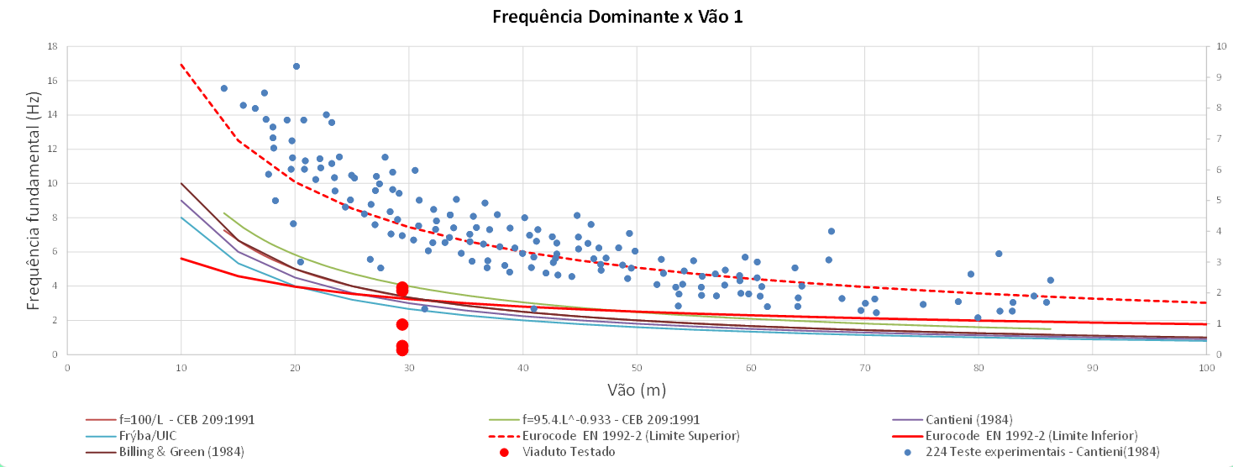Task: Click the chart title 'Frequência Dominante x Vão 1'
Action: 617,17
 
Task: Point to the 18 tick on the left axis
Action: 54,46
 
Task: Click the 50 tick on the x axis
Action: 637,368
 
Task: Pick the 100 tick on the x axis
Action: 1206,368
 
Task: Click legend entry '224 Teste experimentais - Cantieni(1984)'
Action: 1042,452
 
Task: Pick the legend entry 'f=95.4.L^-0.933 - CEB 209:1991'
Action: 611,419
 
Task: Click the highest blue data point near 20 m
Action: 296,66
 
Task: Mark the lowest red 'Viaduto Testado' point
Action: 402,350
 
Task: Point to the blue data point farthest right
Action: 1050,281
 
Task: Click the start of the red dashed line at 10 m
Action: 181,64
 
